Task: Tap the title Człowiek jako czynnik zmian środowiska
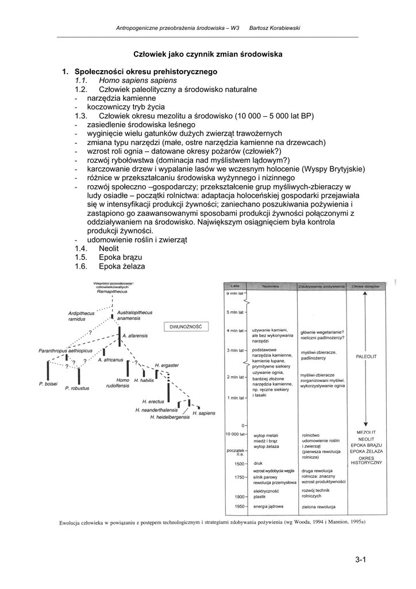[x=208, y=53]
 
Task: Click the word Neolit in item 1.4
[x=109, y=248]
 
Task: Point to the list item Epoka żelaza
[x=122, y=266]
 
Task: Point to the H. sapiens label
[x=203, y=413]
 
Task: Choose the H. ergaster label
[x=167, y=365]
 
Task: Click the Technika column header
[x=270, y=285]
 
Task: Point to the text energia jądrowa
[x=268, y=506]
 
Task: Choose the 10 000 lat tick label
[x=236, y=434]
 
